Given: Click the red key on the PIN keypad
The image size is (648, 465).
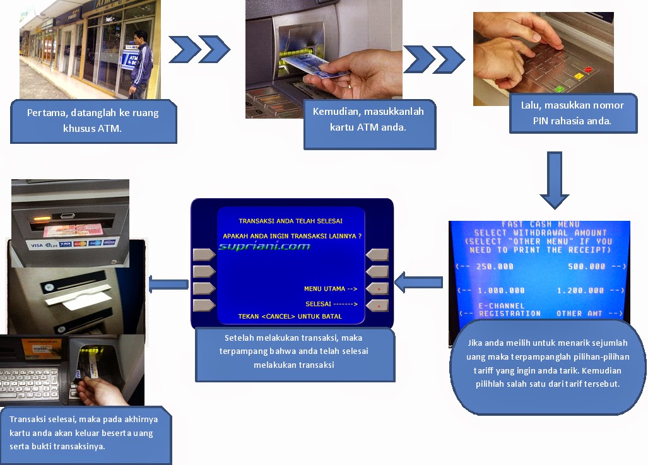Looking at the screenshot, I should point(589,69).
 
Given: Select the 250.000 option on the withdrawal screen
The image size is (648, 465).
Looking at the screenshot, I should point(495,266).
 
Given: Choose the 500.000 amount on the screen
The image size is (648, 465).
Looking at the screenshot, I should point(586,266).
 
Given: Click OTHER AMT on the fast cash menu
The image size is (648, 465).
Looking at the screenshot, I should point(579,313).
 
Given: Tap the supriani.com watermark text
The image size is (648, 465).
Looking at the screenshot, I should point(264,246).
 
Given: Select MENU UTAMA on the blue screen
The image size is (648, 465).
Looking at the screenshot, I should point(324,289).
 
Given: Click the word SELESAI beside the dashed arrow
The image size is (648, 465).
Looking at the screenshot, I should point(318,304).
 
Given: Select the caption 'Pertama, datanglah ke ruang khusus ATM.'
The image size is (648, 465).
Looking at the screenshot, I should point(93,121).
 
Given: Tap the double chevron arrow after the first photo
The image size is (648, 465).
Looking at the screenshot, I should point(199,49).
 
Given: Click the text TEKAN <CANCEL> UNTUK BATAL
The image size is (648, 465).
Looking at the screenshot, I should point(290,316).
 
